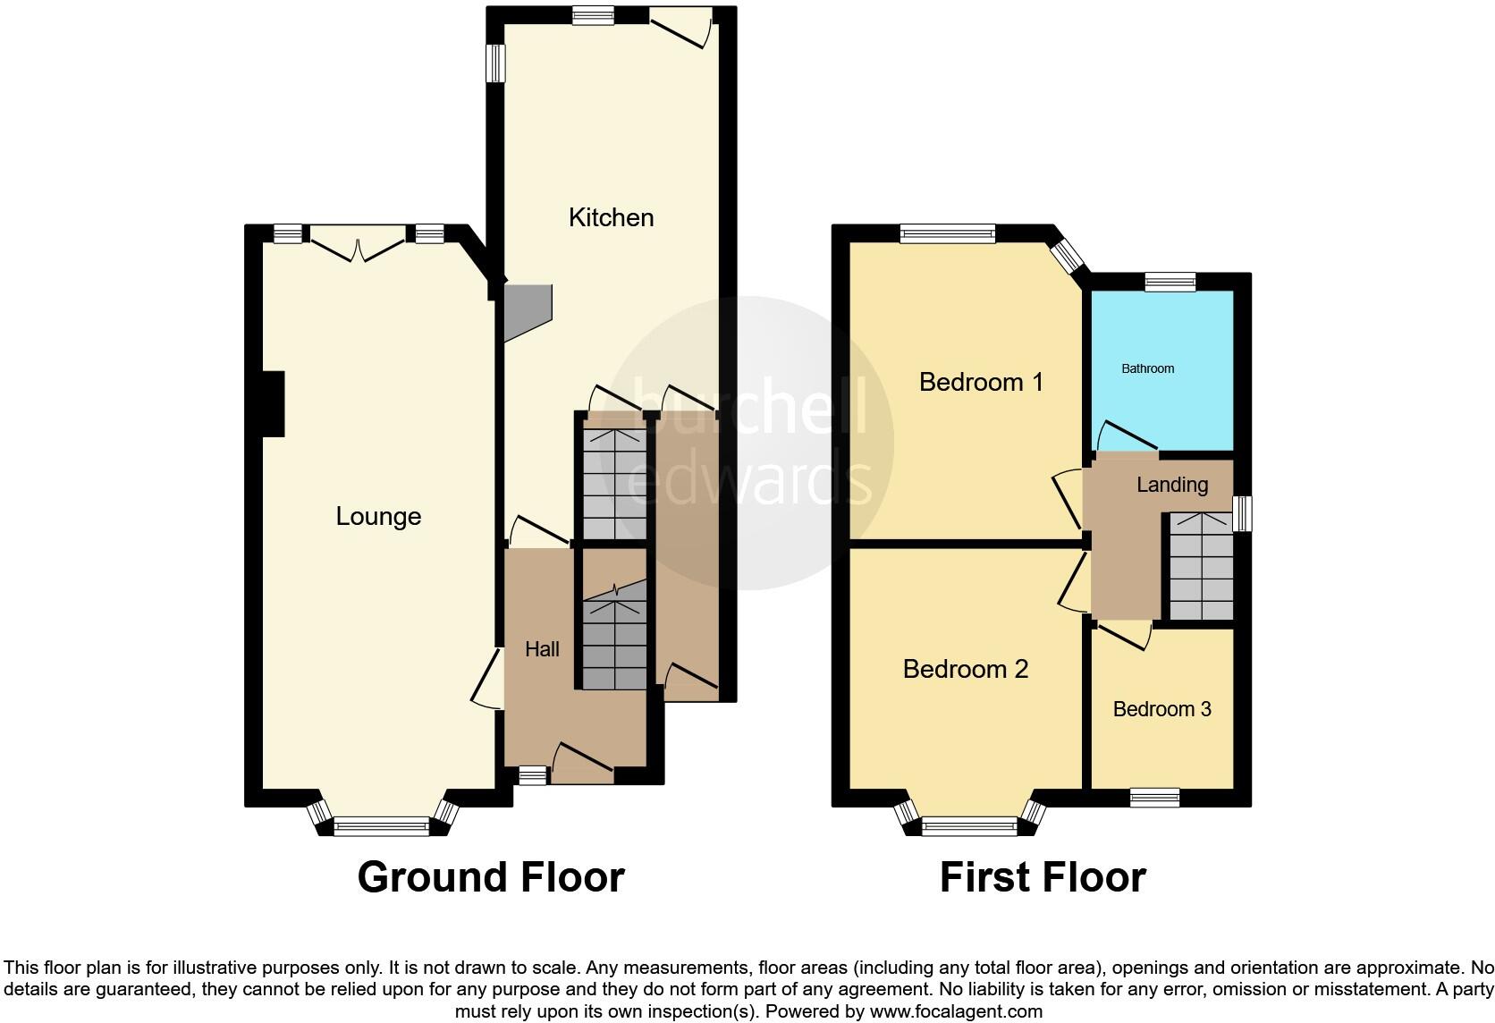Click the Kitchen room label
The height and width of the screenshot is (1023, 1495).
coord(611,217)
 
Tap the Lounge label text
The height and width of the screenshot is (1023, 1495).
coord(378,516)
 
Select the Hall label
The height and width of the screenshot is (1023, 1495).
coord(542,649)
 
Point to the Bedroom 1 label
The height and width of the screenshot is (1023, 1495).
coord(981,382)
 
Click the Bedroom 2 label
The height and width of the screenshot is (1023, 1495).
coord(965,669)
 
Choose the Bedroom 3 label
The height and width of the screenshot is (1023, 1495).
coord(1161,709)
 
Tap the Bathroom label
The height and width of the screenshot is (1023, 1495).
coord(1147,368)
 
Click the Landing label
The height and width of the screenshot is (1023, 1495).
coord(1171,485)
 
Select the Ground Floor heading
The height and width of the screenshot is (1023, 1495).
coord(490,877)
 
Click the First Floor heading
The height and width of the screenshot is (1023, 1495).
coord(1042,877)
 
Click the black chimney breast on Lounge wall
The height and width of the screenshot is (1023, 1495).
coord(273,404)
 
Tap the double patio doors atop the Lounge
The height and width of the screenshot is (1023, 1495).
coord(358,247)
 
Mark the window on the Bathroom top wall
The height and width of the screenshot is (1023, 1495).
coord(1170,283)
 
